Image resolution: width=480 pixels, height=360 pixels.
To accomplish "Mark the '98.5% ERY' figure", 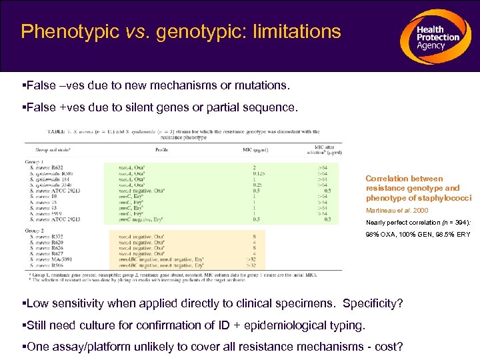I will point(457,233).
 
